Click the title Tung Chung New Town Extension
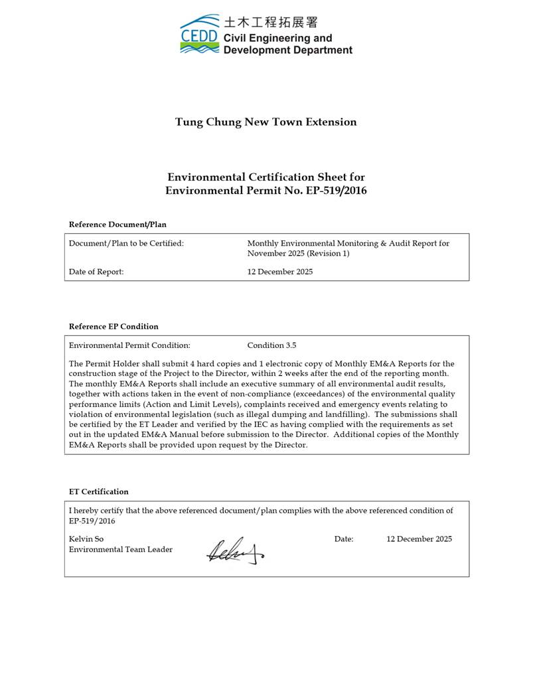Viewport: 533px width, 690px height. coord(266,122)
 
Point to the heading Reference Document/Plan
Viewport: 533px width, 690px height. coord(117,224)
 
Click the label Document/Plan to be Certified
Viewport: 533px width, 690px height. coord(126,244)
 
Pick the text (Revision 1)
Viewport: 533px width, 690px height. coord(327,254)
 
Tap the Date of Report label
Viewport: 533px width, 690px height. coord(96,272)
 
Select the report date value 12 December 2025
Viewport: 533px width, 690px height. coord(280,272)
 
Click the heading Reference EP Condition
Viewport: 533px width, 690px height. coord(114,327)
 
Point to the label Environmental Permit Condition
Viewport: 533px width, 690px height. coord(129,345)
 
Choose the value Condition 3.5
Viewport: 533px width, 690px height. coord(271,345)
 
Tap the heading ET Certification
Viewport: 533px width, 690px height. coord(99,492)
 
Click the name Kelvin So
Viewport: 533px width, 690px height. coord(86,539)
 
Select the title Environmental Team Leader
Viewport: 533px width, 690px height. coord(121,550)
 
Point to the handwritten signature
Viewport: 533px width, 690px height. coord(234,551)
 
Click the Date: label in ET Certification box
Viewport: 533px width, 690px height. coord(344,539)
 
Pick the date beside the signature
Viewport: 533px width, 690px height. coord(419,539)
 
